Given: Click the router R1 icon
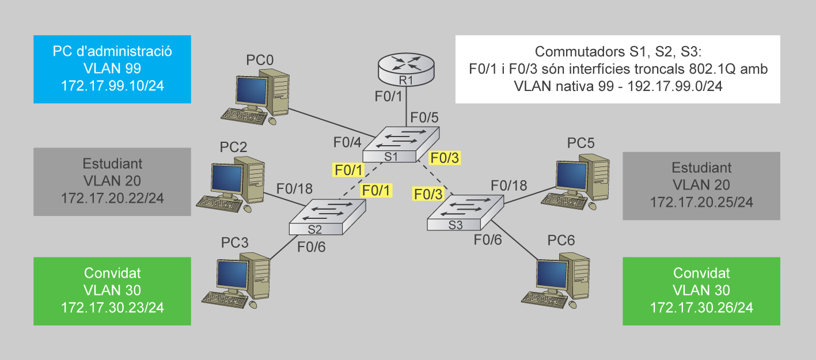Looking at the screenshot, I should pos(407,70).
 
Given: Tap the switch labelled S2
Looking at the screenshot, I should pos(327,217).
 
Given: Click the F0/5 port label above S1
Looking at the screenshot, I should pos(424,118).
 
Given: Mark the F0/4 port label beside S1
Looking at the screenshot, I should pos(348,142).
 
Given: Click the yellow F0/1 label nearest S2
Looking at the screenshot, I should pos(376,190).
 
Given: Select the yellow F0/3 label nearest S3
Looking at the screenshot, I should pos(428,193).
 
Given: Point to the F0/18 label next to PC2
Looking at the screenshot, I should pos(294,189).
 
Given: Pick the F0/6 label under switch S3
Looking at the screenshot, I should pos(488,240).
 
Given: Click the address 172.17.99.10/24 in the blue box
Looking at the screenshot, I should pos(112,85).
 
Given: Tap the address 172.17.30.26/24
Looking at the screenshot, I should pos(701,308).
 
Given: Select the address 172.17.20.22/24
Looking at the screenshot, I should pos(112,198).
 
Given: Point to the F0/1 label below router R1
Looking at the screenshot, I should pos(388,97).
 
